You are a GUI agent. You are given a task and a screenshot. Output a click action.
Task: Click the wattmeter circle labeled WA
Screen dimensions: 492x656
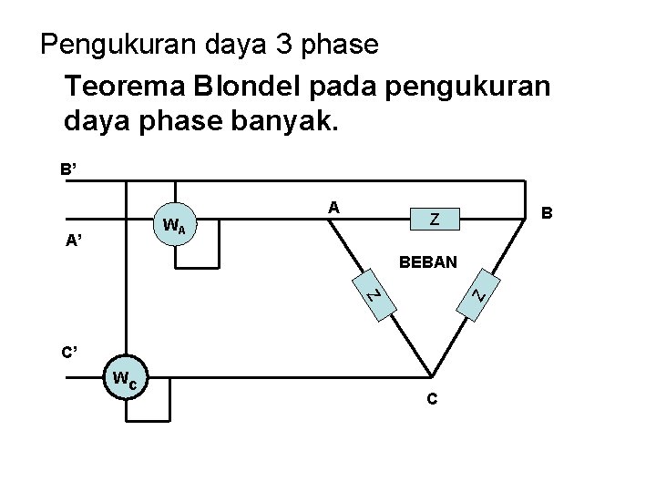pyautogui.click(x=174, y=224)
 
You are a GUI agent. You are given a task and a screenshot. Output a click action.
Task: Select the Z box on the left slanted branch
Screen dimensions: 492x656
pyautogui.click(x=373, y=297)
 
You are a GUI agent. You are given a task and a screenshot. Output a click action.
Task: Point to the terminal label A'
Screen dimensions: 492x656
pyautogui.click(x=77, y=241)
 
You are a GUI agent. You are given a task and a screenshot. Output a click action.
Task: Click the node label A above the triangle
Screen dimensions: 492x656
pyautogui.click(x=334, y=207)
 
